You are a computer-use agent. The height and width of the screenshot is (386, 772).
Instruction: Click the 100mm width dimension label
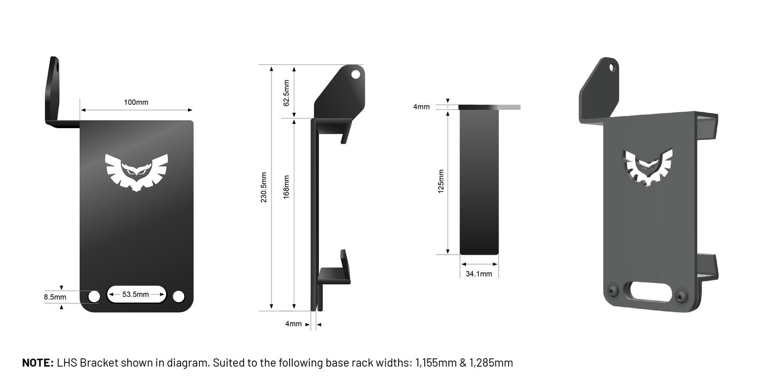click(136, 102)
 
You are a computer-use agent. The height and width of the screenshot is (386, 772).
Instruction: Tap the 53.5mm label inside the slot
click(136, 294)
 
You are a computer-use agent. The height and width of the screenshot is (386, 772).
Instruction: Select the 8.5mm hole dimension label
click(55, 297)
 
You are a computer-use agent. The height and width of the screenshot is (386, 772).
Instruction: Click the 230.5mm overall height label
click(264, 190)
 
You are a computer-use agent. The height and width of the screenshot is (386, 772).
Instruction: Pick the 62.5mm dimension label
click(286, 92)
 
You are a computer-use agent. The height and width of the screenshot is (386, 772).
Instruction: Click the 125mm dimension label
click(441, 181)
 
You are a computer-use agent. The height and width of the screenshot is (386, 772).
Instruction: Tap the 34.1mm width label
click(479, 274)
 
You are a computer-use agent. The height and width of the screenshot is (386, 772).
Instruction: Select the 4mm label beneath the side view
click(293, 324)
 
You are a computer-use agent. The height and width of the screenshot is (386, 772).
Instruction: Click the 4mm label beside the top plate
click(421, 107)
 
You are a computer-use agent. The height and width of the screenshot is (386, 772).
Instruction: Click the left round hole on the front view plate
click(94, 296)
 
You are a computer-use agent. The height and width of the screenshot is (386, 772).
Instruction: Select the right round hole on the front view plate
click(178, 296)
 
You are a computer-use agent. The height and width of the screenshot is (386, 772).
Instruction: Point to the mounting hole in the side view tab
click(355, 74)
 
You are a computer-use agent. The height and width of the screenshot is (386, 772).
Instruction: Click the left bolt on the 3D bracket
click(613, 291)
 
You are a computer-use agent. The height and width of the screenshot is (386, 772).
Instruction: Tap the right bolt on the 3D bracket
click(681, 296)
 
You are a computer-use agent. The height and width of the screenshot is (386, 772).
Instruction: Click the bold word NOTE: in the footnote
click(37, 363)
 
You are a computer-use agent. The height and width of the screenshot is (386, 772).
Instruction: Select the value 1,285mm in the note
click(491, 363)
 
